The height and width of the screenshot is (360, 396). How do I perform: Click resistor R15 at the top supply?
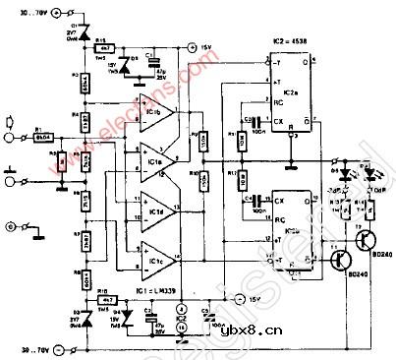tap(104, 46)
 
